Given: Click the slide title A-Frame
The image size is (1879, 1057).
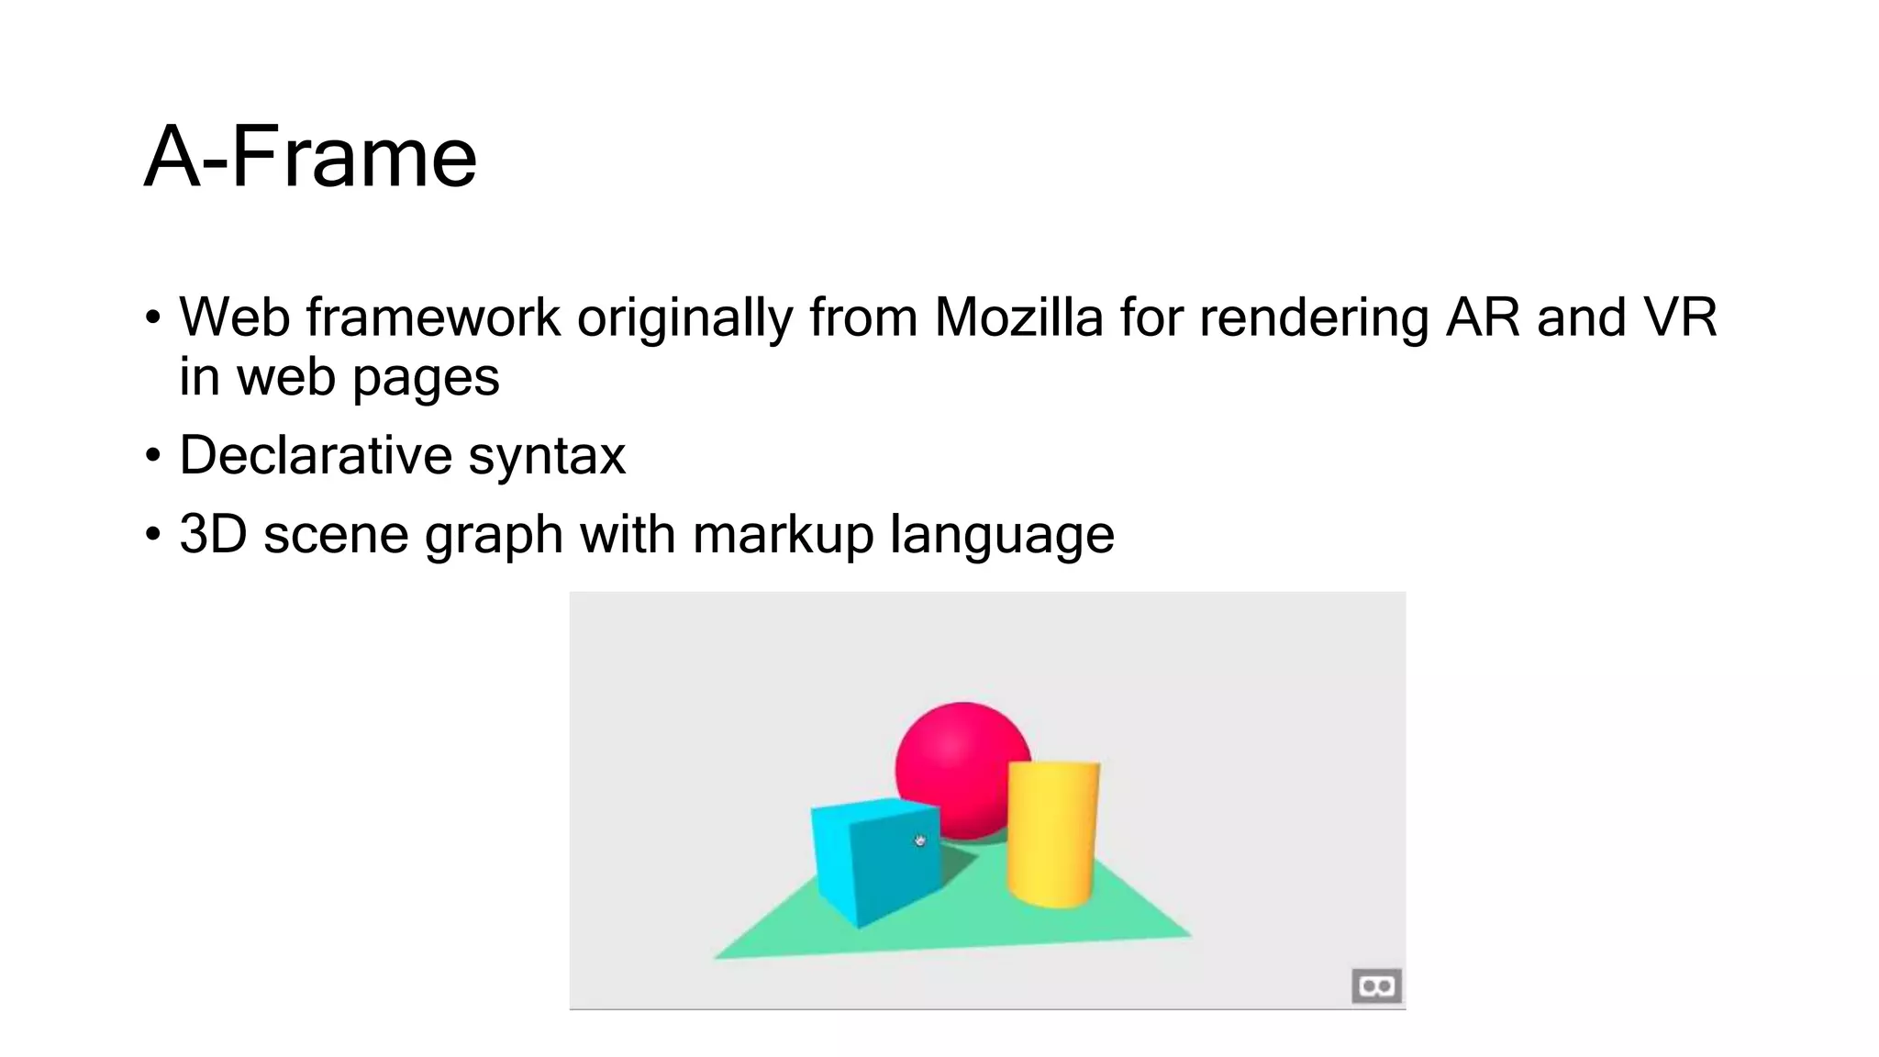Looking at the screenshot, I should pyautogui.click(x=310, y=158).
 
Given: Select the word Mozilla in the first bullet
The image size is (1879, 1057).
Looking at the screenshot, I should pyautogui.click(x=1018, y=317).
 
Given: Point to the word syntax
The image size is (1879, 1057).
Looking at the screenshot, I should pyautogui.click(x=547, y=457).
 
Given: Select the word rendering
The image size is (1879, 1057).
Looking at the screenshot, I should pyautogui.click(x=1314, y=319).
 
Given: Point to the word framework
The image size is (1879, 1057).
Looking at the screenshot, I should pyautogui.click(x=433, y=317).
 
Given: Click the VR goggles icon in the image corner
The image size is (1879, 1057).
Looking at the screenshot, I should pyautogui.click(x=1376, y=986).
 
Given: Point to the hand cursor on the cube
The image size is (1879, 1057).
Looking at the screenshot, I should pyautogui.click(x=920, y=840).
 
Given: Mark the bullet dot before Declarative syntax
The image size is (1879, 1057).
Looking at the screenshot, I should pyautogui.click(x=153, y=455).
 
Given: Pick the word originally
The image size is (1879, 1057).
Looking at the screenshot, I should pyautogui.click(x=684, y=319).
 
